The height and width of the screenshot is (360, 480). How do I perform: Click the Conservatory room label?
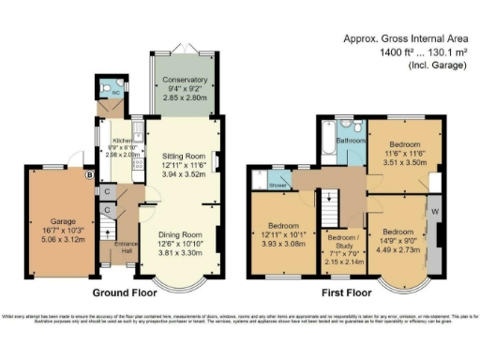(x=185, y=80)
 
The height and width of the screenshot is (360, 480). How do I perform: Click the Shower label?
(x=279, y=186)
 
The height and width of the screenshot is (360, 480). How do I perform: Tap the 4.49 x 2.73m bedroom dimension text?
(x=397, y=248)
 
